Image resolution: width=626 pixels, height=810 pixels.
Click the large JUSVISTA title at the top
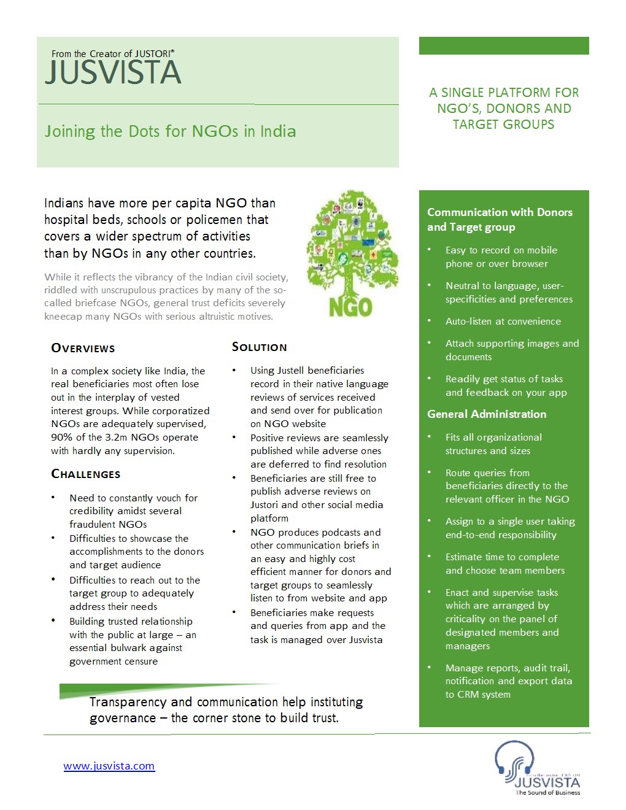point(113,72)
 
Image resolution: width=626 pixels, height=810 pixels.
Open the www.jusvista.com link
point(109,766)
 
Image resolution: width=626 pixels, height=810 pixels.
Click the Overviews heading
point(83,348)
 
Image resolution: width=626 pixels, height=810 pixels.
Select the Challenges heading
point(86,474)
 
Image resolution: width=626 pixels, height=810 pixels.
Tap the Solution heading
point(259,347)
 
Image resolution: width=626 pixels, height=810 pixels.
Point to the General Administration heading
point(487,414)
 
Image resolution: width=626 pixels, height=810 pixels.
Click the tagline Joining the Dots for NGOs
point(170,131)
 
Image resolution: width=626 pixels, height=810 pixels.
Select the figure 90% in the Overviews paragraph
point(62,438)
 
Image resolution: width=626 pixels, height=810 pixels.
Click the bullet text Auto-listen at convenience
point(503,321)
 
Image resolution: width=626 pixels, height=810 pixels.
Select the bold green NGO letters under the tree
point(350,307)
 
